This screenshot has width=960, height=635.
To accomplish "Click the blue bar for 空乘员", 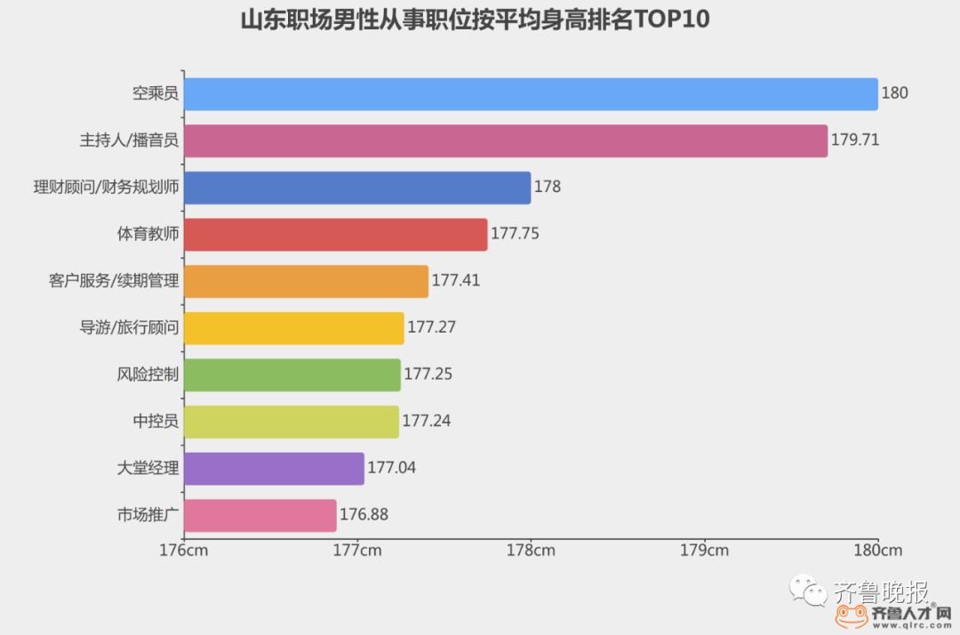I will pos(531,94).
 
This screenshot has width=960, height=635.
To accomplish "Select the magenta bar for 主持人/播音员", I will pos(506,141).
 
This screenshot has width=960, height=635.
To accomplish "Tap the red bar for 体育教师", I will pos(336,234).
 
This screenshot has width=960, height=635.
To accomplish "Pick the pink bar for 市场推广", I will pos(260,515).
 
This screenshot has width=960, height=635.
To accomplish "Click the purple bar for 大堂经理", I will pos(274,468).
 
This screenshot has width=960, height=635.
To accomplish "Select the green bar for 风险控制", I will pos(292,374).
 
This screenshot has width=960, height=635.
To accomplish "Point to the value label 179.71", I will pos(855,141).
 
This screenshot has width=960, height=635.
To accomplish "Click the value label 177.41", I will pos(456,281).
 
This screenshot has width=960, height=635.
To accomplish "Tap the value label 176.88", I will pos(364,515).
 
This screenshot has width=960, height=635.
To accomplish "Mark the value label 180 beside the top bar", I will pos(894,94).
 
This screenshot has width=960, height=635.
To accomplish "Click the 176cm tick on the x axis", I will pos(184,550).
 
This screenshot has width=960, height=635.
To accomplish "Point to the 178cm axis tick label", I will pos(531,550).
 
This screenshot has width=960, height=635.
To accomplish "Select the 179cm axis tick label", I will pos(704,550).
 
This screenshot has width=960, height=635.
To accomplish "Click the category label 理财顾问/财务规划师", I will pos(106,188).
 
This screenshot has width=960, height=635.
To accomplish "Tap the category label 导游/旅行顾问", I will pos(129,327).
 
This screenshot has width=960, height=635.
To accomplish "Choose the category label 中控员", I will pos(156,422).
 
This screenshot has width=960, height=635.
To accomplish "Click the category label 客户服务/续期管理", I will pos(114,281).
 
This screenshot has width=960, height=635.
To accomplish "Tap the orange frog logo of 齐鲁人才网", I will pos(851,615).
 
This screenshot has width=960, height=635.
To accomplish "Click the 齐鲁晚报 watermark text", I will pos(881,591).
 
